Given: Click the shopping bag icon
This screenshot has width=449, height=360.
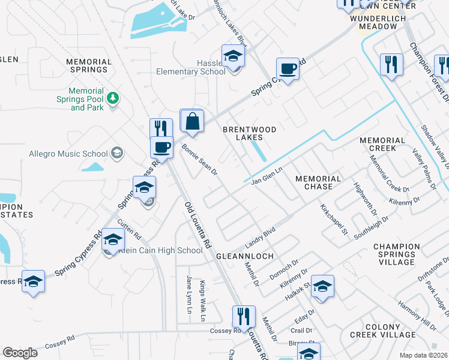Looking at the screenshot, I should pos(192,121).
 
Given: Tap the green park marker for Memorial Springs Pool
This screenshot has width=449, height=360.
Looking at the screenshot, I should pos(112,97).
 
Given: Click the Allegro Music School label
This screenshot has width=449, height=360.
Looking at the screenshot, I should pos(68,154).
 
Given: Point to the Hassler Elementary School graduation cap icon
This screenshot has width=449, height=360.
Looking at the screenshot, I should pos(233,56).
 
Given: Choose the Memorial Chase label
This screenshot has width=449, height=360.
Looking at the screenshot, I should pos(318,182).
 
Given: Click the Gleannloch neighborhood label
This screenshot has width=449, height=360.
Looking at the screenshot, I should pos(245,256).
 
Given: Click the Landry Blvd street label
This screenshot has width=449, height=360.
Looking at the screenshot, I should pos(259,237).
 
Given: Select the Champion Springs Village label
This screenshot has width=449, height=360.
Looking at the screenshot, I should pos(396,254).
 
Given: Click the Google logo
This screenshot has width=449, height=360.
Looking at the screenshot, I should pos(20,353).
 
